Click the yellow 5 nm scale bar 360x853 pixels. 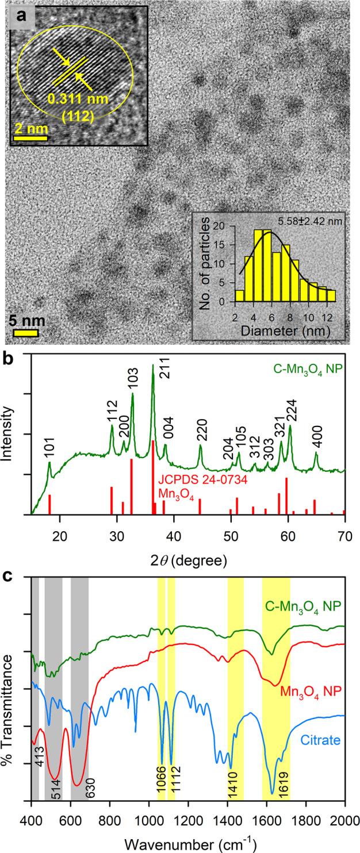25,332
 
